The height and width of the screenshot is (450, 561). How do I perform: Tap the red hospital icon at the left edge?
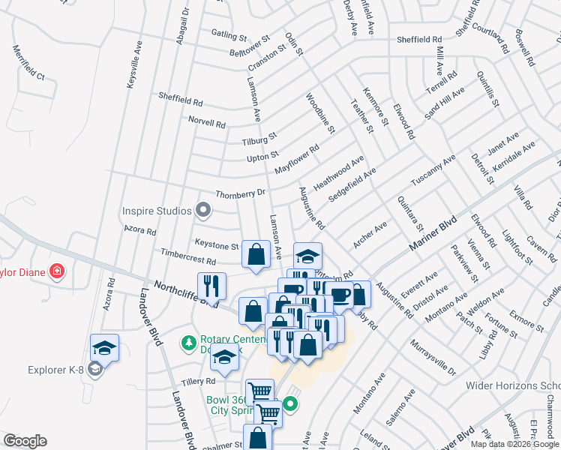coord(56,271)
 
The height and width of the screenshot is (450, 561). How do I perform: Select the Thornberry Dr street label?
coord(241,193)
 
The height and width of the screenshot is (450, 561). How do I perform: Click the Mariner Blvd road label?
coord(433,235)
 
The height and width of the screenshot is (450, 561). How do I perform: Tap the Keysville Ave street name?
coord(134,66)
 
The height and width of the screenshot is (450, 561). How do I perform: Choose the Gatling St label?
coord(229,35)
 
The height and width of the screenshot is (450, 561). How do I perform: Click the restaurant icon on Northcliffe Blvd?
coord(211,286)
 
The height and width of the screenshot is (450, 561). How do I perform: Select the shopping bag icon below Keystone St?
coord(256,254)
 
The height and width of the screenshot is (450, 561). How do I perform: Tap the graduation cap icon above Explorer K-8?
coord(104,348)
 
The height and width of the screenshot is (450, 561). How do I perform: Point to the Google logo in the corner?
coord(25,441)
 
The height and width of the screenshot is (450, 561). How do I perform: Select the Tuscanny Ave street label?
coord(433,172)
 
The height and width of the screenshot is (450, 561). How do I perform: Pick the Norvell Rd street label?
coord(207,123)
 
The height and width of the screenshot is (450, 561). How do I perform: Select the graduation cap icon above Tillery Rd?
coord(223,359)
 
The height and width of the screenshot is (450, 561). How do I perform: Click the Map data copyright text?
coord(515,444)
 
